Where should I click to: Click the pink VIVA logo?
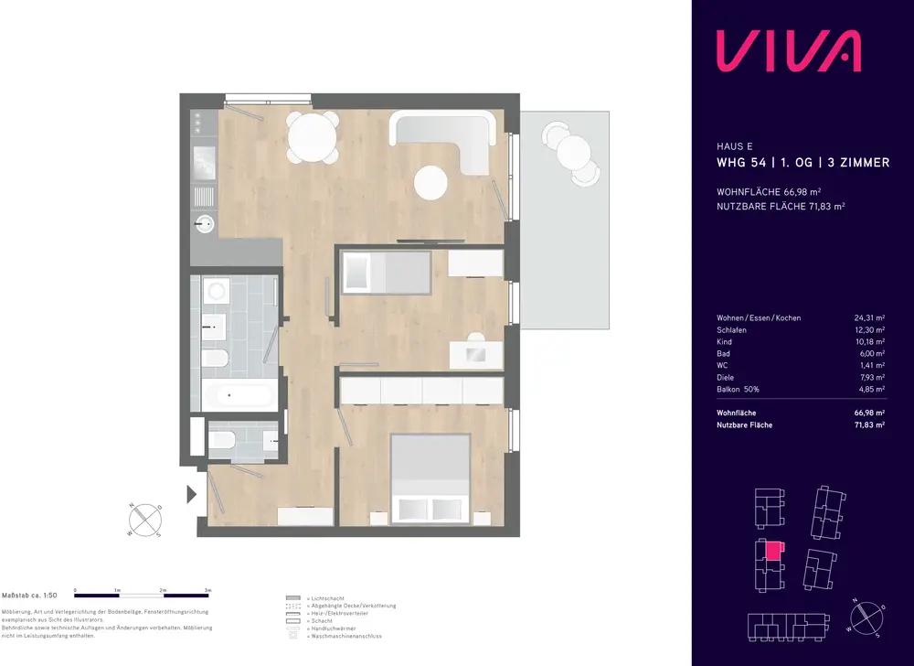(787, 50)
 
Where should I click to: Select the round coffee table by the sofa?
(431, 183)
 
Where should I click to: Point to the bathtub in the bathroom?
(237, 396)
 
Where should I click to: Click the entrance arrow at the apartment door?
(192, 495)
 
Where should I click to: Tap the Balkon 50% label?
(739, 390)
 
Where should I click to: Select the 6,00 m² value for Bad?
(870, 354)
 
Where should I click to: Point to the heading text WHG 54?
(741, 163)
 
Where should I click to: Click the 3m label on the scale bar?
(208, 591)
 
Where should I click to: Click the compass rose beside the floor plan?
(146, 519)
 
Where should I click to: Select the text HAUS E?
(735, 145)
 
